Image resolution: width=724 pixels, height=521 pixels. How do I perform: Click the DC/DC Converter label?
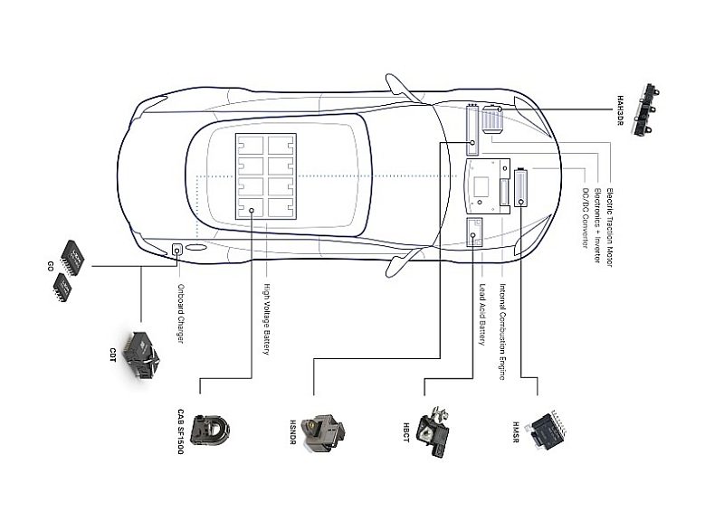point(586,216)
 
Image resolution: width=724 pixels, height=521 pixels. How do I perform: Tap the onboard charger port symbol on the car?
point(177,250)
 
